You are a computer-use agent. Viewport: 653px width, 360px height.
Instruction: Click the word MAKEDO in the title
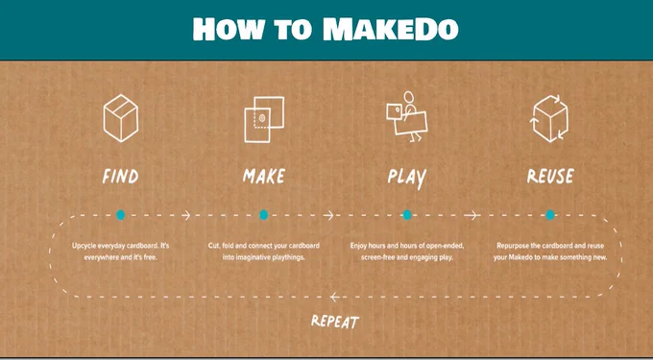391,29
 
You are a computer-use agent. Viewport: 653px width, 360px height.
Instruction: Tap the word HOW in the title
229,29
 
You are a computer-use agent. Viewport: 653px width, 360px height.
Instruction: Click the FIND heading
120,177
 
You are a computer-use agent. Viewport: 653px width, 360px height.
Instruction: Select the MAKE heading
264,176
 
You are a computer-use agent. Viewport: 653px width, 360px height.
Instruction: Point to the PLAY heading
407,178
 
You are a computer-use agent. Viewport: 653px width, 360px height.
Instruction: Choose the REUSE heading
550,176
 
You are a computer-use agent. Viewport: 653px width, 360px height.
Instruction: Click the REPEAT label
335,322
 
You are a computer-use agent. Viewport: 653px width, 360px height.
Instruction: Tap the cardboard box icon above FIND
121,118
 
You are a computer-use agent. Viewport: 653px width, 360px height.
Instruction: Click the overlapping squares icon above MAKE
264,119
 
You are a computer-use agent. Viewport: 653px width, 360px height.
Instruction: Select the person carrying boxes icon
407,116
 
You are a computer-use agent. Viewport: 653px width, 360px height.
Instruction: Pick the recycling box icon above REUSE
550,119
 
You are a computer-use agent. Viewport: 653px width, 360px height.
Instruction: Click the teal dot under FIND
120,215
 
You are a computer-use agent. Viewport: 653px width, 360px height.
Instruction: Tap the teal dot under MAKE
264,215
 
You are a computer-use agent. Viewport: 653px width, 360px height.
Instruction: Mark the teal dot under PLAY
407,215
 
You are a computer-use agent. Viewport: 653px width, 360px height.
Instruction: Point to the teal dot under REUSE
550,215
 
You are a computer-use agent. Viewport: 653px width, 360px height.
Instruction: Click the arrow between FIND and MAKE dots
186,215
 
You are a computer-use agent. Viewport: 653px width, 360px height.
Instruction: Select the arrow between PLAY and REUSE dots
472,215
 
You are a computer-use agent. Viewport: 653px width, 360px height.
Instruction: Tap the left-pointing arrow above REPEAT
334,297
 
